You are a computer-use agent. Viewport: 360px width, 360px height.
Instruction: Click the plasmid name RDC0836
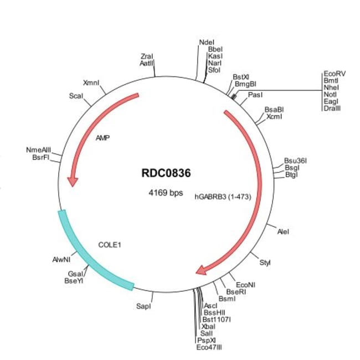coord(166,173)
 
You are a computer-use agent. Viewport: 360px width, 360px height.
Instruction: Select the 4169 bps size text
coord(166,193)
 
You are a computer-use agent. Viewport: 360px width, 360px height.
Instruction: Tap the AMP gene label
coord(102,137)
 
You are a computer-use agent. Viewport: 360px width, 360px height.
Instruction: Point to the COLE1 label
coord(110,244)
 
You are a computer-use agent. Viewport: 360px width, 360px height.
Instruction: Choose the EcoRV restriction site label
coord(335,74)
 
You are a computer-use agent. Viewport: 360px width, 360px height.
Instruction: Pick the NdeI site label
coord(206,43)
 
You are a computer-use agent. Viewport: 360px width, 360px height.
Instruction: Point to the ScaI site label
coord(76,96)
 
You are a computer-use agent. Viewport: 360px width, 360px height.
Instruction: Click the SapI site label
coord(143,305)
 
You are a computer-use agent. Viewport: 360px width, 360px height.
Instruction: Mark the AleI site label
coord(282,232)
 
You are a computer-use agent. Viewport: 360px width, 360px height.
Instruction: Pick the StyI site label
coord(265,262)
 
